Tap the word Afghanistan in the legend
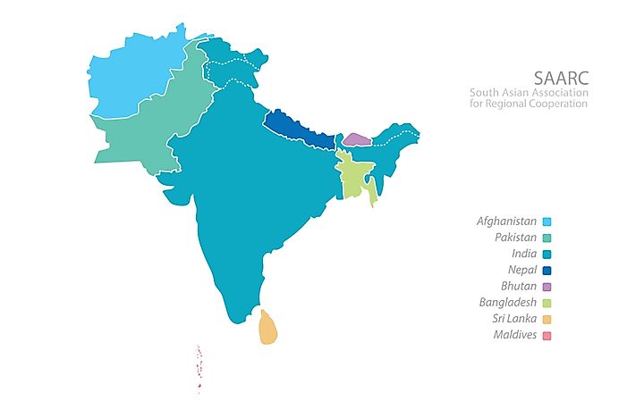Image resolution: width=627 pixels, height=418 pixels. pyautogui.click(x=506, y=221)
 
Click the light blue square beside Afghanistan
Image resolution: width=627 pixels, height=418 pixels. pyautogui.click(x=547, y=222)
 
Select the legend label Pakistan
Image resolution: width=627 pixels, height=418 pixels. pyautogui.click(x=515, y=238)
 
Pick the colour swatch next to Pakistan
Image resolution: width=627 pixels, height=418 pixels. pyautogui.click(x=547, y=238)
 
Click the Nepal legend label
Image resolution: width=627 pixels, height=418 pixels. pyautogui.click(x=521, y=270)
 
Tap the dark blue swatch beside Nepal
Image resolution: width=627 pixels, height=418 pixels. pyautogui.click(x=547, y=270)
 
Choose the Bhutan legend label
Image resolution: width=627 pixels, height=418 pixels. pyautogui.click(x=518, y=286)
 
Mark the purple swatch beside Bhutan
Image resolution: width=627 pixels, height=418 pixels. pyautogui.click(x=547, y=287)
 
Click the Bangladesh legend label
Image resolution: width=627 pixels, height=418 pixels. pyautogui.click(x=507, y=303)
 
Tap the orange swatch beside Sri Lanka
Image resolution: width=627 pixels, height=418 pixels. pyautogui.click(x=547, y=319)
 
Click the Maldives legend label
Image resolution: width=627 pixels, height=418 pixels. pyautogui.click(x=514, y=335)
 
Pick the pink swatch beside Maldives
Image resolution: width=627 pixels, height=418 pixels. pyautogui.click(x=547, y=336)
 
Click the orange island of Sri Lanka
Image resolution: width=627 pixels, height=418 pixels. pyautogui.click(x=267, y=328)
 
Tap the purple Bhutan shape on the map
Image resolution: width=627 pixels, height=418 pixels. pyautogui.click(x=356, y=139)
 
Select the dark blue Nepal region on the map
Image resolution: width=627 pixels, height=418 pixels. pyautogui.click(x=300, y=130)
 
